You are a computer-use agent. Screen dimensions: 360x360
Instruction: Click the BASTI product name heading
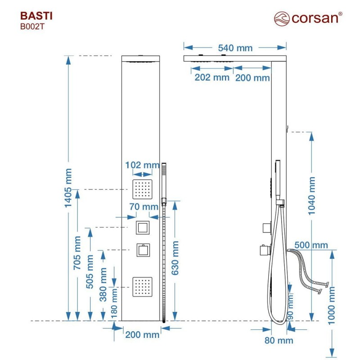pyautogui.click(x=36, y=16)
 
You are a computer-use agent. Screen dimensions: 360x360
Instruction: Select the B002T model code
pyautogui.click(x=32, y=27)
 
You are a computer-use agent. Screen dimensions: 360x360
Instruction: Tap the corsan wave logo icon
pyautogui.click(x=282, y=19)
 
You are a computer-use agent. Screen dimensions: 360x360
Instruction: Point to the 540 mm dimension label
pyautogui.click(x=235, y=48)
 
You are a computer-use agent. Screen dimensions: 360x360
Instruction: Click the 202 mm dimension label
pyautogui.click(x=212, y=77)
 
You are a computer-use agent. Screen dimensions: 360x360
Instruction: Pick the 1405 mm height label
pyautogui.click(x=68, y=188)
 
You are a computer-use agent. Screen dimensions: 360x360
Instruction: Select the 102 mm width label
pyautogui.click(x=142, y=165)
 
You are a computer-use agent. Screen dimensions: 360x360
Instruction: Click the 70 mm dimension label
pyautogui.click(x=144, y=207)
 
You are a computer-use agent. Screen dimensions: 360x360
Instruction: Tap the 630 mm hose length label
pyautogui.click(x=175, y=258)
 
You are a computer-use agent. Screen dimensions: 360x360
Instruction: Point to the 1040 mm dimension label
pyautogui.click(x=311, y=196)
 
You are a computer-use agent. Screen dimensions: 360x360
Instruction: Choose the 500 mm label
pyautogui.click(x=311, y=245)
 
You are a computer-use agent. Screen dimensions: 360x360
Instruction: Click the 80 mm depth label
pyautogui.click(x=279, y=340)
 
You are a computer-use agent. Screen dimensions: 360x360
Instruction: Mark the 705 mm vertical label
pyautogui.click(x=77, y=253)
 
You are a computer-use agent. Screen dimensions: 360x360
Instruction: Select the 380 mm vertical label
pyautogui.click(x=103, y=284)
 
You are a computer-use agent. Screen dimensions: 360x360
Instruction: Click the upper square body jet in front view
pyautogui.click(x=142, y=189)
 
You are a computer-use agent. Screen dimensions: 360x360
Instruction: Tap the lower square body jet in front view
pyautogui.click(x=142, y=287)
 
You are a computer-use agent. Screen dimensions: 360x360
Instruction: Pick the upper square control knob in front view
pyautogui.click(x=143, y=228)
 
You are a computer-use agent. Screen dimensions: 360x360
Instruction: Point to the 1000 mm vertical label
pyautogui.click(x=332, y=306)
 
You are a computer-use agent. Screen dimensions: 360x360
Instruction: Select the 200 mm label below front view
pyautogui.click(x=142, y=335)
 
